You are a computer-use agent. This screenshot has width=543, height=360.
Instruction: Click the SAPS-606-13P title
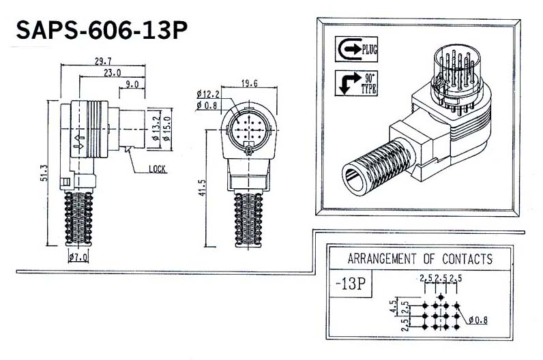pyautogui.click(x=102, y=30)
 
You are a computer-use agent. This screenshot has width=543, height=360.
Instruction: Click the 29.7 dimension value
pyautogui.click(x=103, y=61)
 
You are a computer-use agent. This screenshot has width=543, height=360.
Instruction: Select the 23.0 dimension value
pyautogui.click(x=112, y=73)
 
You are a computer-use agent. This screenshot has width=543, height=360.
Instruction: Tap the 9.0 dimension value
pyautogui.click(x=132, y=85)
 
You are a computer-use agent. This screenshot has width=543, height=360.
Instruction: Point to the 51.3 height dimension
pyautogui.click(x=44, y=172)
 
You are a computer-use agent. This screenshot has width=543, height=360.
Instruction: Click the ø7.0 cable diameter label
pyautogui.click(x=78, y=257)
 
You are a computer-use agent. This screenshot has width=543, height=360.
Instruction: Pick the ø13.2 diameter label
pyautogui.click(x=156, y=129)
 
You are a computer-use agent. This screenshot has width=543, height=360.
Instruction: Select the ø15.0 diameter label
pyautogui.click(x=167, y=129)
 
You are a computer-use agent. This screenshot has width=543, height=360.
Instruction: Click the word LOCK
pyautogui.click(x=157, y=169)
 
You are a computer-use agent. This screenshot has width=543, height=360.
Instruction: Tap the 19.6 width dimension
pyautogui.click(x=250, y=83)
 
